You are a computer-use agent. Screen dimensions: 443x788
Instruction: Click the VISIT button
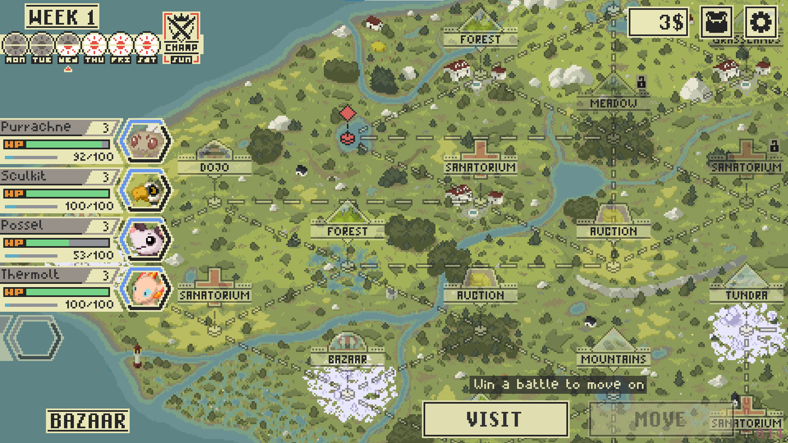[x=495, y=419]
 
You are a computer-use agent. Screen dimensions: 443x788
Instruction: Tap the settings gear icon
[x=761, y=22]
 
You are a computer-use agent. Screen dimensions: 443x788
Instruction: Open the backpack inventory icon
[x=717, y=22]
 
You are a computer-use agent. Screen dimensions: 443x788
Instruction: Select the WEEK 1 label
[x=62, y=17]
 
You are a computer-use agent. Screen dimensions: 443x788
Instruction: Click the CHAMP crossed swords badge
[x=181, y=37]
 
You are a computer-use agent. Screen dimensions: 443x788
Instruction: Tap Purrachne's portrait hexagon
[x=145, y=142]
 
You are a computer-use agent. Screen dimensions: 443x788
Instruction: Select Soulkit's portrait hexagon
[x=145, y=191]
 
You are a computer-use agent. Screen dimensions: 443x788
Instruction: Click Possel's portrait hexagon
[x=145, y=240]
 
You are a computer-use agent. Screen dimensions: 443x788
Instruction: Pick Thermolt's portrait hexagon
[x=145, y=289]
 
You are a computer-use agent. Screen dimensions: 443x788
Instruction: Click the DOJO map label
[x=214, y=167]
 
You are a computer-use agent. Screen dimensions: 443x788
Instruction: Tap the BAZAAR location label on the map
[x=347, y=359]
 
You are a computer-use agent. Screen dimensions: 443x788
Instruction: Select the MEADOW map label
[x=613, y=103]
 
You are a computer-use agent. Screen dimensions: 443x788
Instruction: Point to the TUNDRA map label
[x=746, y=295]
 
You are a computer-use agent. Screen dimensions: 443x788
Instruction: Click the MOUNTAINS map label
[x=613, y=359]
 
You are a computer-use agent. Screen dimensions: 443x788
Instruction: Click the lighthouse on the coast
[x=137, y=356]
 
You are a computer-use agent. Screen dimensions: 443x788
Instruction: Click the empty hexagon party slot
[x=34, y=338]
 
